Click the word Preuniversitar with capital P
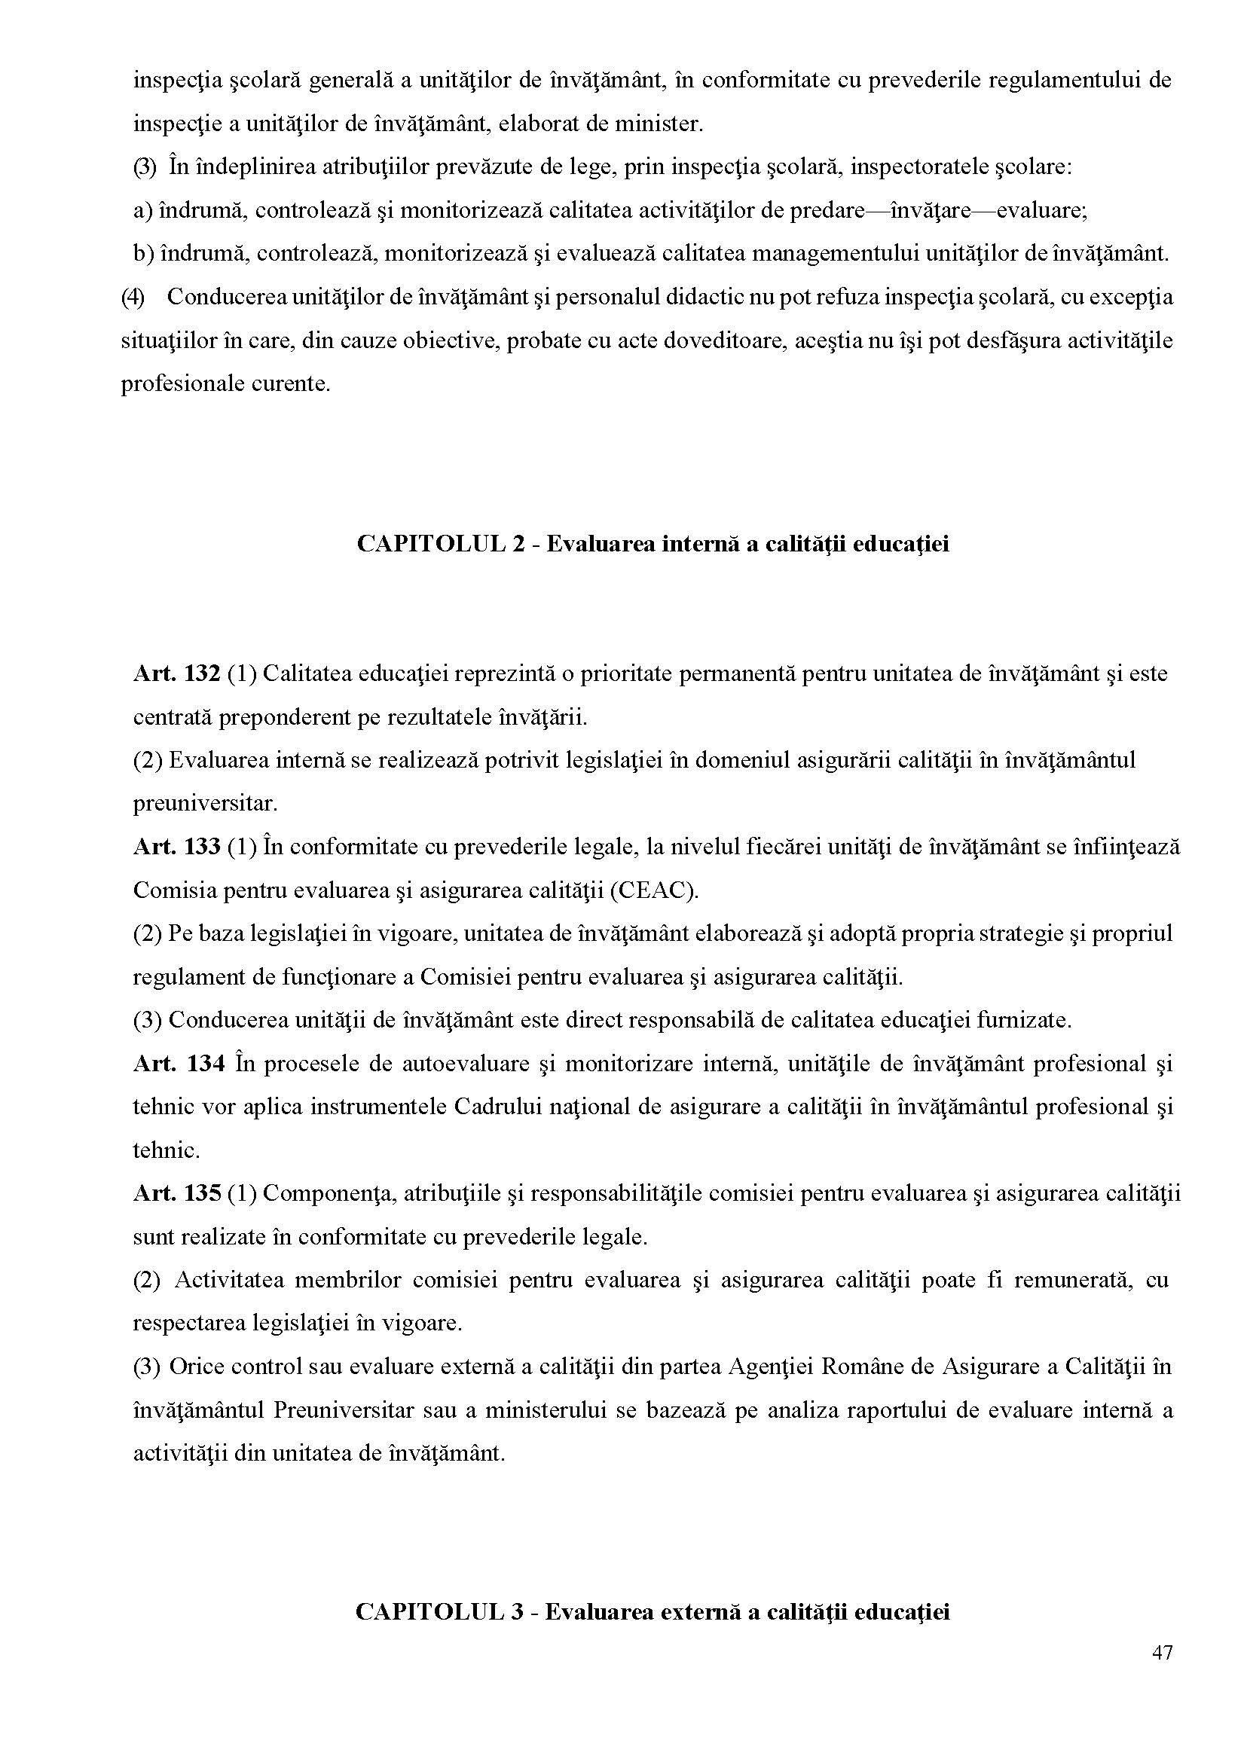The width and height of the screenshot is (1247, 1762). (341, 1410)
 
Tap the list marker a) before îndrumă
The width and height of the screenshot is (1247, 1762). (144, 210)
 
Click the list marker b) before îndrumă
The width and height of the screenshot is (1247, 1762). (145, 253)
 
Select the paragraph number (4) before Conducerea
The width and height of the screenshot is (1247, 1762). (133, 297)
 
